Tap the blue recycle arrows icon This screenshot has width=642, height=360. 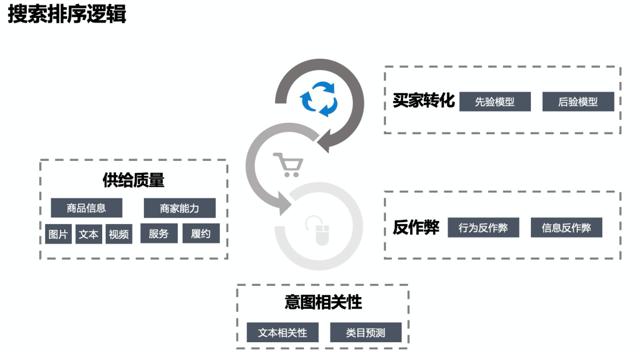[x=319, y=98]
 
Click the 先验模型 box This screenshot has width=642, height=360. [x=495, y=102]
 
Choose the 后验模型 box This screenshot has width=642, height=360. [x=578, y=102]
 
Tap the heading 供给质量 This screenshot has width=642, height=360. [x=134, y=180]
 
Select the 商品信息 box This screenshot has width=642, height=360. [x=86, y=208]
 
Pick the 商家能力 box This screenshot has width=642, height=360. [x=180, y=208]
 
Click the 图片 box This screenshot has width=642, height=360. [x=58, y=234]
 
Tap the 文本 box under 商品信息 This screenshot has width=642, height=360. [x=89, y=234]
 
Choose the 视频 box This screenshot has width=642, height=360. [x=119, y=234]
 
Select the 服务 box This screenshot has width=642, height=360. [x=159, y=233]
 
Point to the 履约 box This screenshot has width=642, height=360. [x=201, y=233]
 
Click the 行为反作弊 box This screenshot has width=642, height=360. [x=483, y=228]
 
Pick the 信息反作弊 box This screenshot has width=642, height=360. [x=566, y=228]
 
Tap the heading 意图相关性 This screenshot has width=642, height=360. [x=323, y=302]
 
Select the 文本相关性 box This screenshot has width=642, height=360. [x=282, y=333]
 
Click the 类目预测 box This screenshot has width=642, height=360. [x=366, y=333]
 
